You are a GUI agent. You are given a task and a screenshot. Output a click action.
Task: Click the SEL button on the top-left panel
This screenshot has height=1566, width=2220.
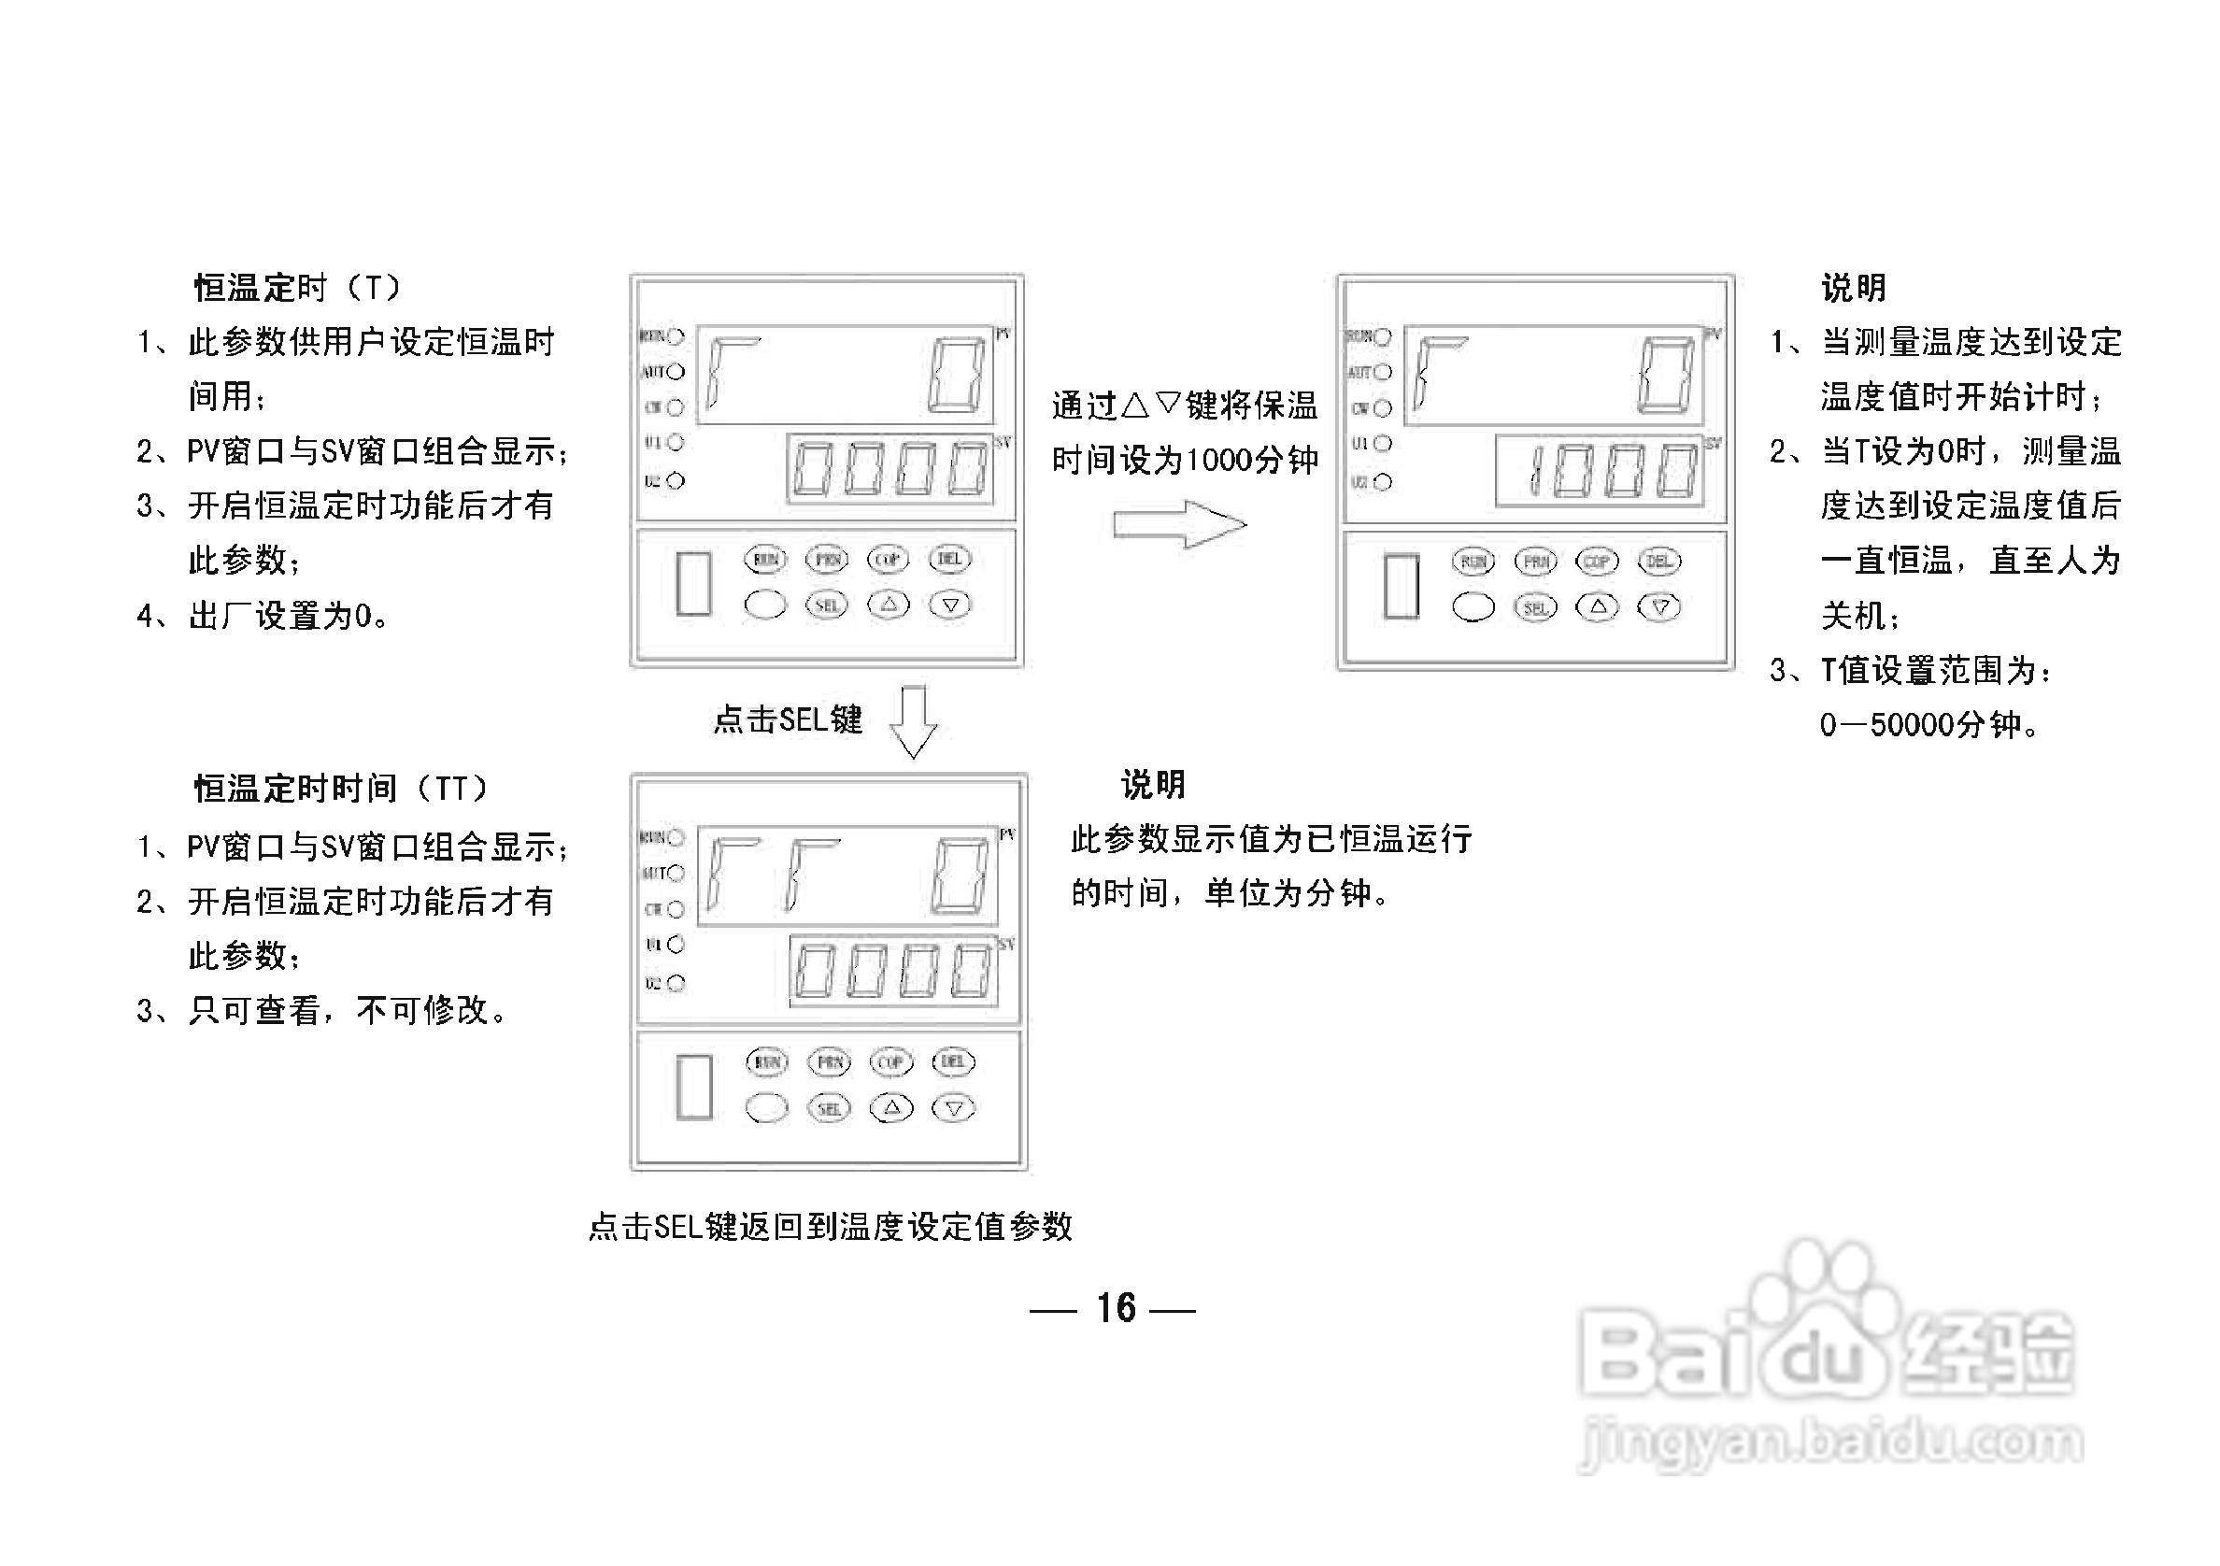coord(827,605)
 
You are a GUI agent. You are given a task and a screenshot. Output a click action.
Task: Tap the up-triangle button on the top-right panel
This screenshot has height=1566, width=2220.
coord(1598,607)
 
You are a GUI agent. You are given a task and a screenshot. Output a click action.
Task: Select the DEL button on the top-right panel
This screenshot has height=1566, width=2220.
coord(1659,561)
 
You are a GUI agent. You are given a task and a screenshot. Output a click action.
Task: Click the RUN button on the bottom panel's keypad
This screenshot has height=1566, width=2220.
coord(768,1061)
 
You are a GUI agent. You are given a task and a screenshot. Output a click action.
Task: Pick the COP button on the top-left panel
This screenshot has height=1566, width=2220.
coord(888,559)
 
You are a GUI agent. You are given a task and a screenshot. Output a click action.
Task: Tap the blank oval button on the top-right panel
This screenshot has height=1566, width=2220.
coord(1473,607)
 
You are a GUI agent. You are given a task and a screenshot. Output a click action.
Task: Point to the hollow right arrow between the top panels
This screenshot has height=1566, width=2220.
coord(1180,525)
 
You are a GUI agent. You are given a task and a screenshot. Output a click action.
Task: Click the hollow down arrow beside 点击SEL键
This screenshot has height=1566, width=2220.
coord(913,721)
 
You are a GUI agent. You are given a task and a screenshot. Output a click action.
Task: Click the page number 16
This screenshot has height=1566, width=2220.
coord(1116,1308)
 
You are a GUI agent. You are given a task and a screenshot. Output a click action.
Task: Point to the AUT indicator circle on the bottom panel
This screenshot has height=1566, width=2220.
coord(676,873)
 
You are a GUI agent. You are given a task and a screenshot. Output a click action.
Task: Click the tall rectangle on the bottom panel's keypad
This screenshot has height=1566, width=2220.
coord(694,1087)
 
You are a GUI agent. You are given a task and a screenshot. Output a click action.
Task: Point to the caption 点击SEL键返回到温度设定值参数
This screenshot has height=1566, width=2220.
coord(831,1227)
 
